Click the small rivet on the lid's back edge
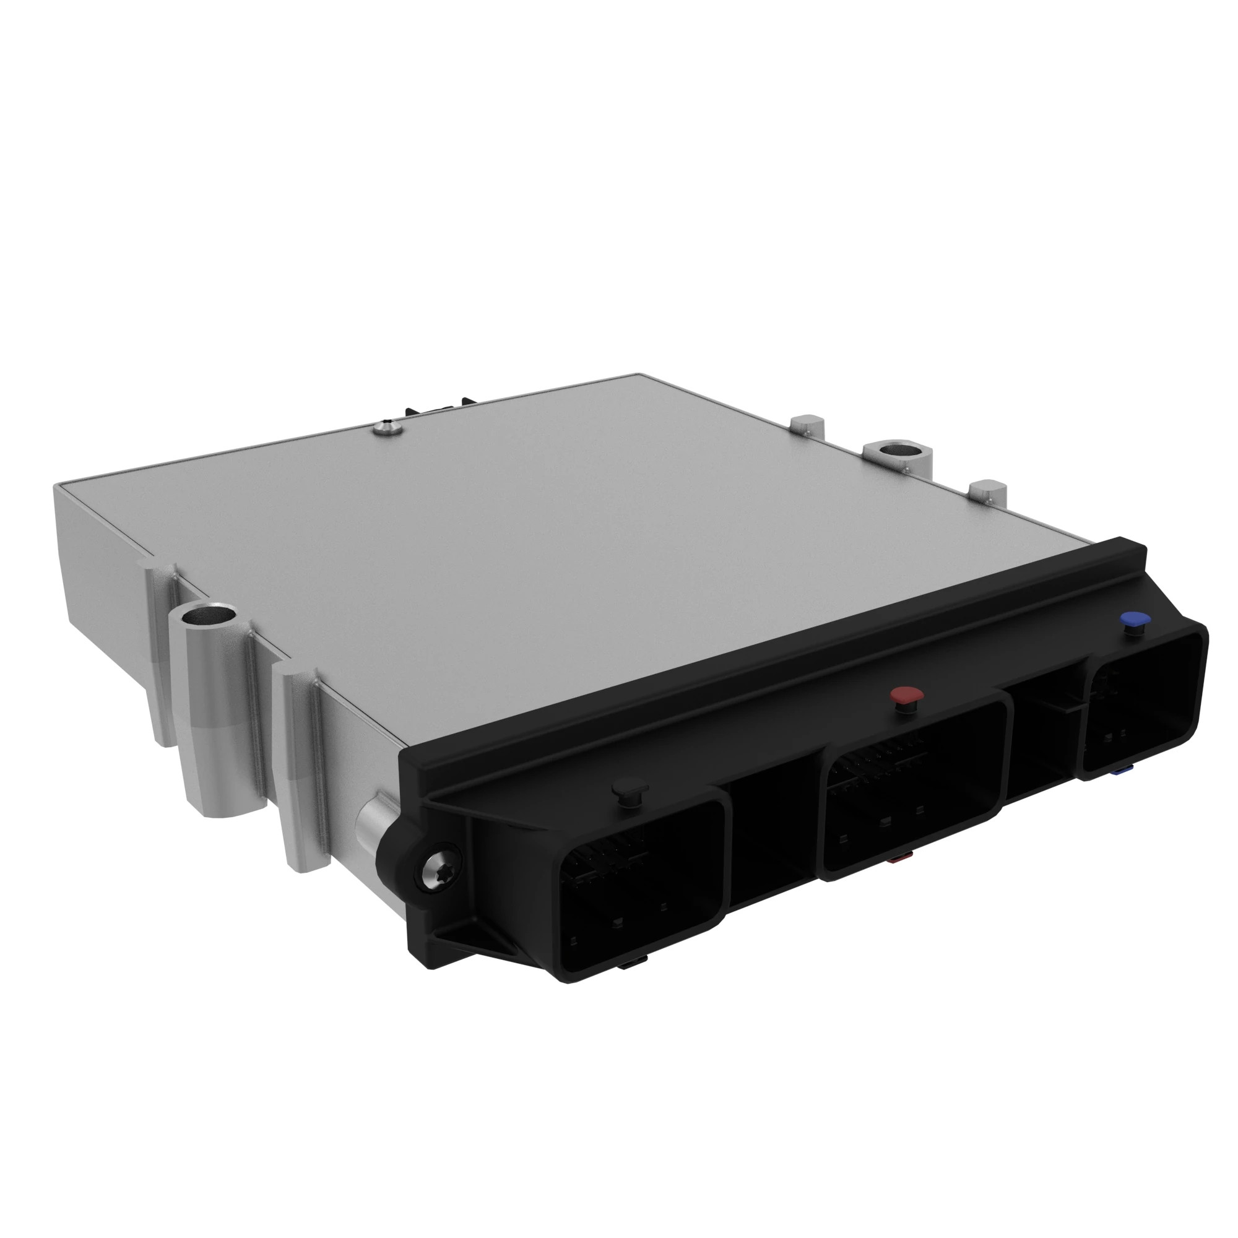(387, 426)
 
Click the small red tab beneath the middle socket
(897, 859)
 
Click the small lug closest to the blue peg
(987, 492)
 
